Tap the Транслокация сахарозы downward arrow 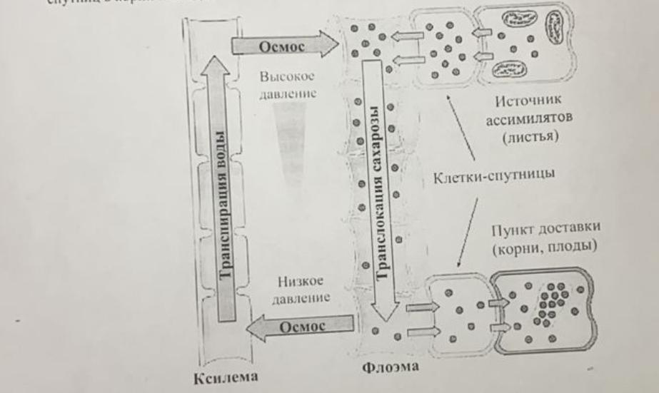coord(381,185)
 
